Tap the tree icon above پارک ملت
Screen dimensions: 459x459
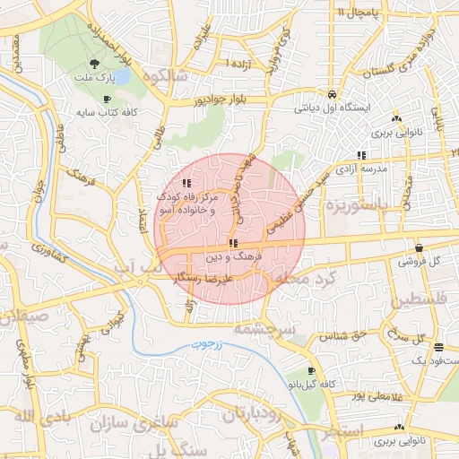click(94, 64)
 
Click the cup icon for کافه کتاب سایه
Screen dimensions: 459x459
click(108, 99)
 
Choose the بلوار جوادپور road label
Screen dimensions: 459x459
click(232, 100)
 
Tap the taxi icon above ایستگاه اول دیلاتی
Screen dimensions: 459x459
click(333, 94)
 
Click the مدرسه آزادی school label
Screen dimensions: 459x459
click(360, 169)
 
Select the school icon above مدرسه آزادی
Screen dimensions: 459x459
click(360, 154)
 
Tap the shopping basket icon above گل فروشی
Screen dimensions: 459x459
click(419, 247)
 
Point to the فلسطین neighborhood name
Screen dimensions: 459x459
click(417, 299)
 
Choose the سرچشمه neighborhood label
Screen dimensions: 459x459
click(264, 329)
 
